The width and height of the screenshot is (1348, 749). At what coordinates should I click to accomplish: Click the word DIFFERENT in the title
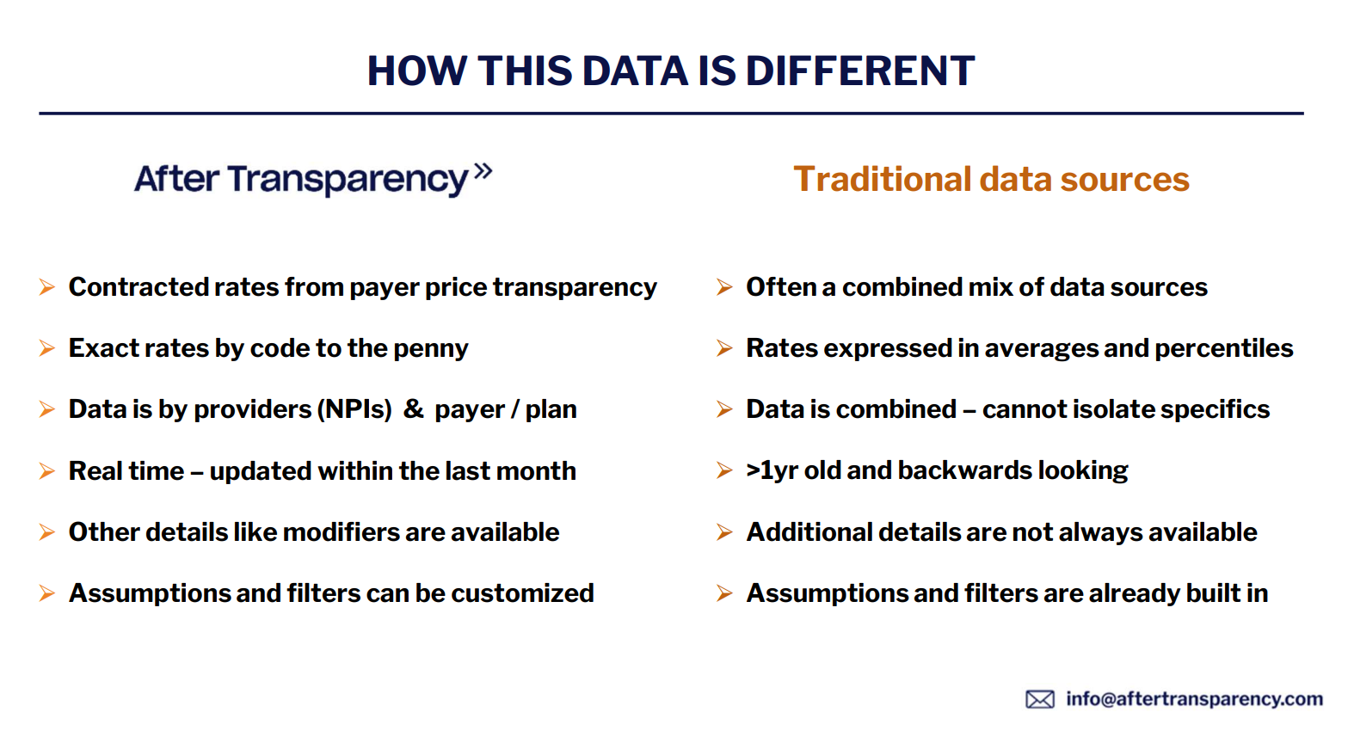[860, 71]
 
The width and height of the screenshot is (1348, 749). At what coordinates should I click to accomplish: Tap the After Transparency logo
[313, 179]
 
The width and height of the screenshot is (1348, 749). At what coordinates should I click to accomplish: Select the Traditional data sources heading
[991, 179]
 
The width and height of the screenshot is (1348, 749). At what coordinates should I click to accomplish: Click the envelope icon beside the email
[1040, 699]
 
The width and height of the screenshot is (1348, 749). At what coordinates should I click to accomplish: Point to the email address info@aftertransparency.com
[1194, 698]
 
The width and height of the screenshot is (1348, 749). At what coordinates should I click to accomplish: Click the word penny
[430, 349]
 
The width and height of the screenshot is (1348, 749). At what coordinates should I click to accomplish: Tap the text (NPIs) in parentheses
[354, 409]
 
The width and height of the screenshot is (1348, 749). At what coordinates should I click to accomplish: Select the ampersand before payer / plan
[414, 409]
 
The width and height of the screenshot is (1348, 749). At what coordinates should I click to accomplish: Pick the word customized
[522, 593]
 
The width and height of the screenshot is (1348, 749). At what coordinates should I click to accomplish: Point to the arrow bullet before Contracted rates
[47, 287]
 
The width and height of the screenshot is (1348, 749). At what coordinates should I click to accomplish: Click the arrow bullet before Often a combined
[724, 287]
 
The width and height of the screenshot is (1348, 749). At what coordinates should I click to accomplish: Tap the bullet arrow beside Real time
[47, 471]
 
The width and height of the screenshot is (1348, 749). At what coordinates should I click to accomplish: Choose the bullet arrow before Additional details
[724, 532]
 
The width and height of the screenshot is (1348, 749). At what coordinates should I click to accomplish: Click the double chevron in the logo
[483, 171]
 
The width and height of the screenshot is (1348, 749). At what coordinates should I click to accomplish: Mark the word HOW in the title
[416, 71]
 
